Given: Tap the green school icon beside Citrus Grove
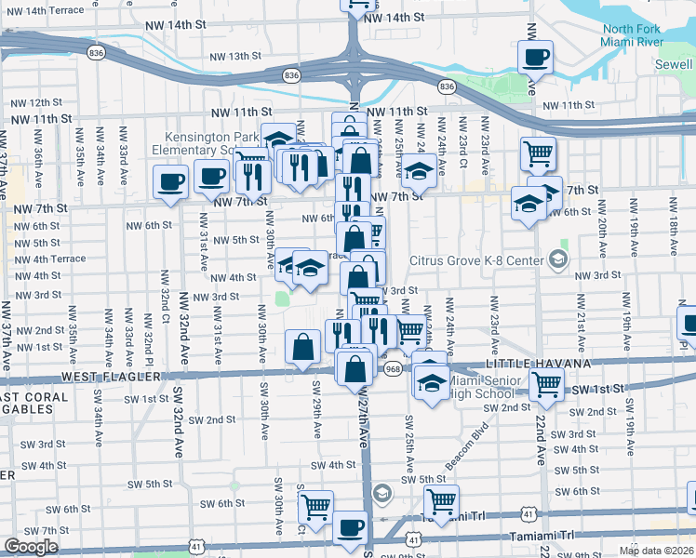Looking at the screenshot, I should click(x=557, y=257).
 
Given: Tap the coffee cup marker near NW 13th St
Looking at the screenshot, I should click(x=535, y=58).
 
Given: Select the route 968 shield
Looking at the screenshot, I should click(x=393, y=369).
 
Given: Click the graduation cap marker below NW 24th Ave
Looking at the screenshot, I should click(x=420, y=170).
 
